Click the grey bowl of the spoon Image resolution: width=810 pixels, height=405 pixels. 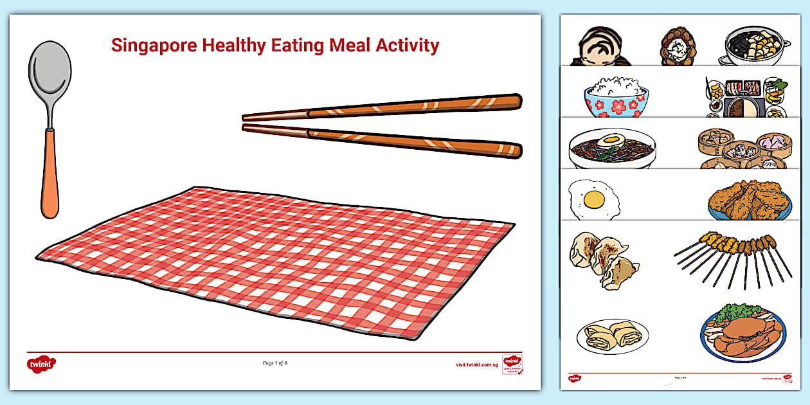(49, 76)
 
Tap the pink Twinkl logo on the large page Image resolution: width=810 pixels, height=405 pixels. (41, 364)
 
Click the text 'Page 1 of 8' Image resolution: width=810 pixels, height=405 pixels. (275, 363)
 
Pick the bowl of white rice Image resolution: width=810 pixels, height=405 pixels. (616, 96)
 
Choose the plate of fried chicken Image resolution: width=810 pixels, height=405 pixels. (750, 201)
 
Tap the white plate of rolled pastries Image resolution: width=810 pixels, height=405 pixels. (613, 336)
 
